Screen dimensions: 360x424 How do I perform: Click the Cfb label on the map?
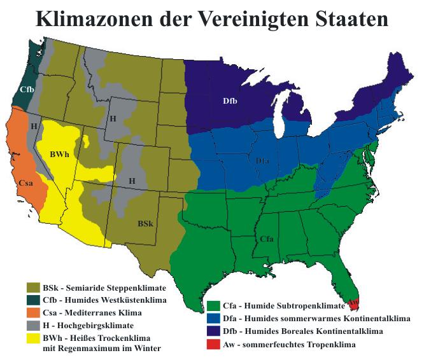click(x=27, y=90)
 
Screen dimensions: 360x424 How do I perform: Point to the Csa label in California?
click(x=26, y=183)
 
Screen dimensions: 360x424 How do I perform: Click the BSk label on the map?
click(x=145, y=224)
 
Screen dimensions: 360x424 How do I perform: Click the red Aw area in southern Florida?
click(x=353, y=304)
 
